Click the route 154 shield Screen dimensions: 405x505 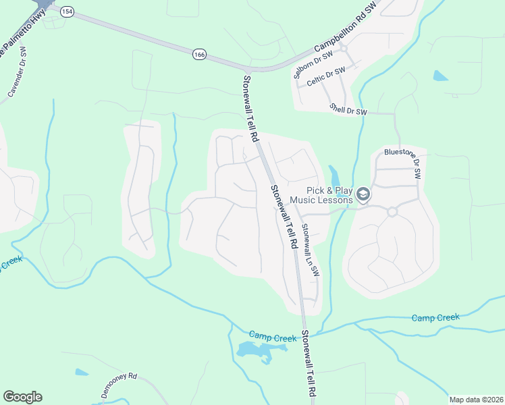click(66, 11)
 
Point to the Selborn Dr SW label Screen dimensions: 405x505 click(314, 65)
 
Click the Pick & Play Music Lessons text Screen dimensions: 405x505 click(321, 195)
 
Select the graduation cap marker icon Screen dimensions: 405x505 click(363, 195)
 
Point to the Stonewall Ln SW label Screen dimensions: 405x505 click(310, 250)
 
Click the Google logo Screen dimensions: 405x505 click(22, 397)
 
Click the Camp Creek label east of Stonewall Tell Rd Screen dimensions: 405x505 click(435, 317)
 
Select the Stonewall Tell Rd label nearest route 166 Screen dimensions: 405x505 click(250, 109)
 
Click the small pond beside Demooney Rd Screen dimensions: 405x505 click(82, 372)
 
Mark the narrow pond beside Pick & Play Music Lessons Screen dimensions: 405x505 click(334, 175)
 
